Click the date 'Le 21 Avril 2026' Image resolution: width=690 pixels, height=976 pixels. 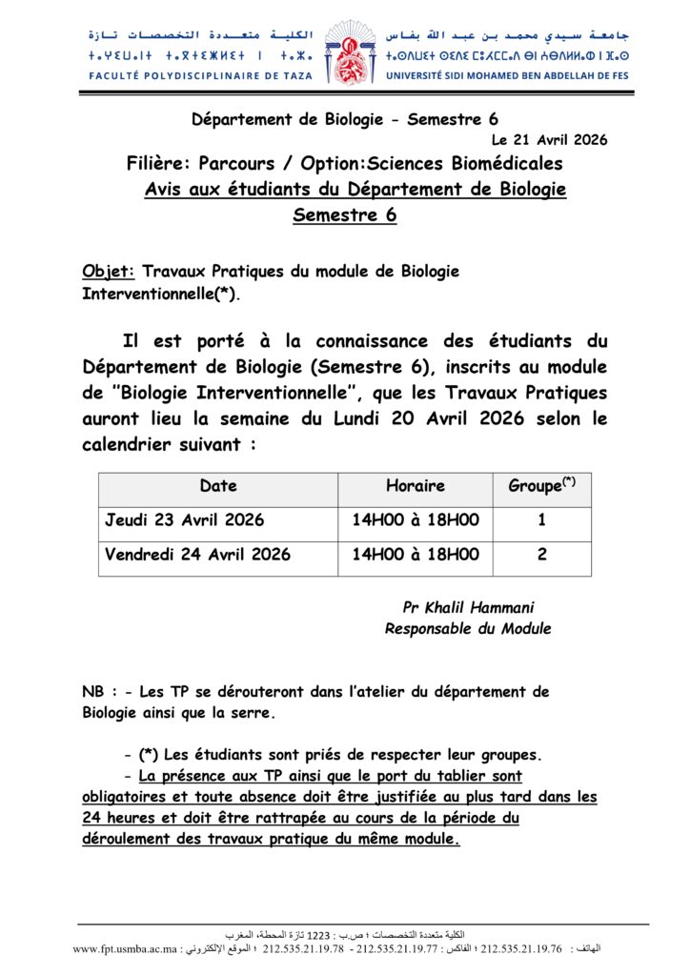point(550,140)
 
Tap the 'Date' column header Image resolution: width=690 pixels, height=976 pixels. point(218,486)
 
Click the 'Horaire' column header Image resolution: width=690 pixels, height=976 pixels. point(416,486)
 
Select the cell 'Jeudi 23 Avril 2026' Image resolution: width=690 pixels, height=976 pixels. point(185,521)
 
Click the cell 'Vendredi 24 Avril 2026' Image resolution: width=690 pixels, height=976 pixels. point(198,555)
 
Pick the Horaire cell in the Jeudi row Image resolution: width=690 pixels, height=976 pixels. point(416,521)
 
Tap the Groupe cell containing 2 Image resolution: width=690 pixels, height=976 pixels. point(541,555)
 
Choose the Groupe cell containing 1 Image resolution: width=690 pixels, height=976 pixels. point(541,521)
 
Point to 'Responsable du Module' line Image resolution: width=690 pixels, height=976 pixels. point(467,628)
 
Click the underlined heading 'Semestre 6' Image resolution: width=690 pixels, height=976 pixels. point(345,215)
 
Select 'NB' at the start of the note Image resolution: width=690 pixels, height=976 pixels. point(93,693)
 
